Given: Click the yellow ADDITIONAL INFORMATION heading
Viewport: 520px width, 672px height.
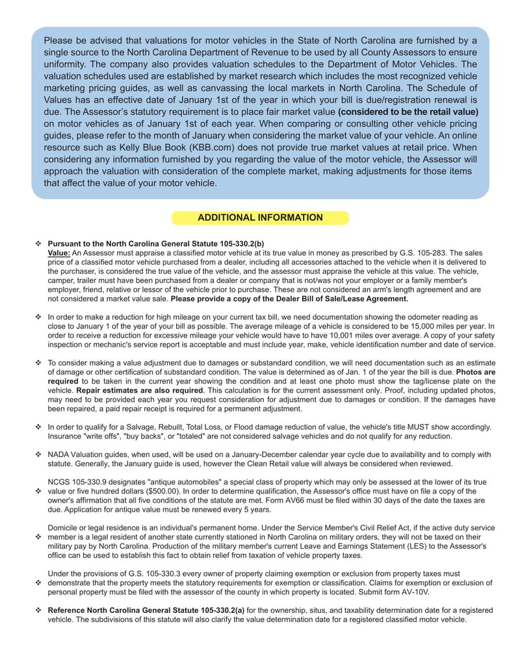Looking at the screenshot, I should click(x=260, y=218).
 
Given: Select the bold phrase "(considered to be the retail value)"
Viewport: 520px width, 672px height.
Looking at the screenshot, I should click(x=408, y=112).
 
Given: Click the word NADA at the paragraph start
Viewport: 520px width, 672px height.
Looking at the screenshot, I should click(x=59, y=454).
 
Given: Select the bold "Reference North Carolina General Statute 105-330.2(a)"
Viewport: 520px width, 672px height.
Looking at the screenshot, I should click(x=146, y=610).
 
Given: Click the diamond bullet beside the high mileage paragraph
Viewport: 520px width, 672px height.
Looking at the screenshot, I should click(x=38, y=317).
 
